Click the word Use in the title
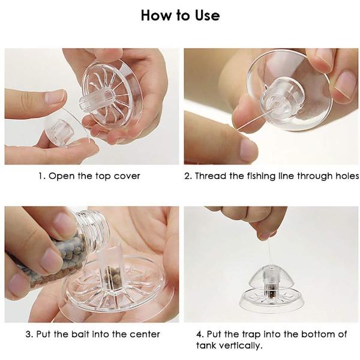(x=208, y=16)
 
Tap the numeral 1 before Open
(x=41, y=176)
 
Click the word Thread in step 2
(x=211, y=176)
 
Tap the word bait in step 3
(x=80, y=334)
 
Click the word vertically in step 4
(x=239, y=346)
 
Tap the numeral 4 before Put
(x=200, y=334)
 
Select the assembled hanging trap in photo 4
(x=272, y=289)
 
